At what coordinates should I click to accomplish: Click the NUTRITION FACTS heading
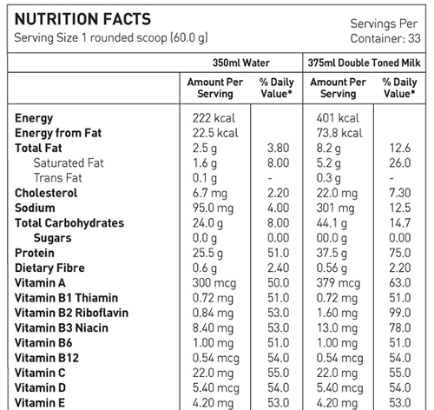(82, 19)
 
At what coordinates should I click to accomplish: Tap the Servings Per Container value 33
(414, 38)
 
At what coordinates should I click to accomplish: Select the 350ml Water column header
(241, 63)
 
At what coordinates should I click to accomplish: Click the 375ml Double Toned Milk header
(364, 63)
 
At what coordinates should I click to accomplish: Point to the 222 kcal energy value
(214, 118)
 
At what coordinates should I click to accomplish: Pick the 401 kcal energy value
(338, 118)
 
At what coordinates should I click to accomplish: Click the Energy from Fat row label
(58, 133)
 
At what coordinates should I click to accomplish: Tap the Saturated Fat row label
(69, 162)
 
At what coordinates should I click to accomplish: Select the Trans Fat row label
(58, 178)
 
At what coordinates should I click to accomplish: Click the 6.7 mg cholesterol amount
(210, 193)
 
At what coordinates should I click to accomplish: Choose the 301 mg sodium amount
(335, 208)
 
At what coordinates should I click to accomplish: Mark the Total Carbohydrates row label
(69, 223)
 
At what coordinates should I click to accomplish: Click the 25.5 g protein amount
(207, 253)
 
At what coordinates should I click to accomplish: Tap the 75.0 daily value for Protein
(400, 253)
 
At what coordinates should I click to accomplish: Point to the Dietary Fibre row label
(49, 268)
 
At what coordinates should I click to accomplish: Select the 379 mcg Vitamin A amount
(339, 283)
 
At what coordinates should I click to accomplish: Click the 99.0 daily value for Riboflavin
(400, 313)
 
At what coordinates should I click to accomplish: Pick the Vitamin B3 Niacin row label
(62, 327)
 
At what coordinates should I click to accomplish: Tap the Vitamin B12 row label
(47, 358)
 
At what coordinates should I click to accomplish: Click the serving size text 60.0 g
(189, 38)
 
